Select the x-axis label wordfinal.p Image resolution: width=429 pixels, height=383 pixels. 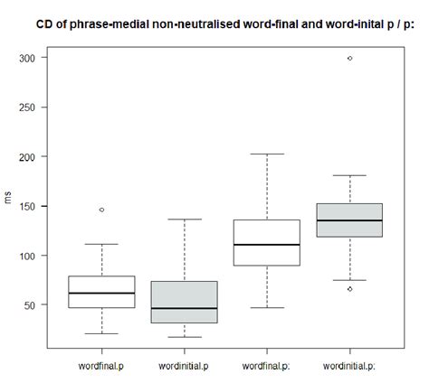coord(101,366)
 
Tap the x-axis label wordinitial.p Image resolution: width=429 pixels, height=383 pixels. coord(185,366)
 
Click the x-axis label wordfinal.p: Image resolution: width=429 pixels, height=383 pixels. coord(267,366)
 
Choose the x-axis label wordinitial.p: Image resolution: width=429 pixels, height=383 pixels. coord(350,366)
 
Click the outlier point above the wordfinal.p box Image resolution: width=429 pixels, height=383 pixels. coord(101,210)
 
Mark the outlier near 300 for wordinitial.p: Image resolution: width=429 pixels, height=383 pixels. coord(350,58)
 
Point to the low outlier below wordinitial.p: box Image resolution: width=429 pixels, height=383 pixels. coord(350,289)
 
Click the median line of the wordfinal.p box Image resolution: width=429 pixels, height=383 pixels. coord(101,294)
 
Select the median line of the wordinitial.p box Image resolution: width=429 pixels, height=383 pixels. coord(185,309)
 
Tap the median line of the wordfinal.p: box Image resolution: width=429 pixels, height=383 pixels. coord(267,245)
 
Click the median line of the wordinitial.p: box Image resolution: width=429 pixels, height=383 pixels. coord(350,220)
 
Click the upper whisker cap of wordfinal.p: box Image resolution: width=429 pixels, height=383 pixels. coord(267,154)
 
